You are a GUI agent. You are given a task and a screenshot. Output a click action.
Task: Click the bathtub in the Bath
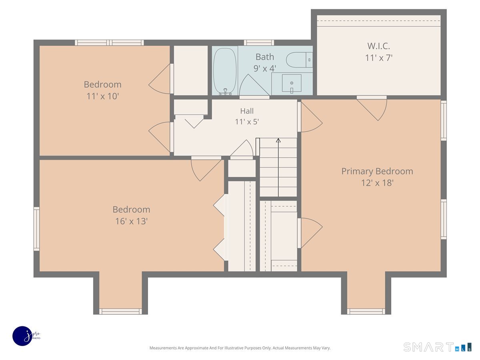pos(225,71)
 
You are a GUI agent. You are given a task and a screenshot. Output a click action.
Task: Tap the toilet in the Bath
pos(299,60)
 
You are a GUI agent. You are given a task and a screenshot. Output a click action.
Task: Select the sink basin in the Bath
pos(292,83)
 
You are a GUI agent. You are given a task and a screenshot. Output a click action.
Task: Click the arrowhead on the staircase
pos(278,140)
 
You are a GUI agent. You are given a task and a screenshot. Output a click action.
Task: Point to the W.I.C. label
pos(378,46)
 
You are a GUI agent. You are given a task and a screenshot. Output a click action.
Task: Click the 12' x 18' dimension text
pos(377,183)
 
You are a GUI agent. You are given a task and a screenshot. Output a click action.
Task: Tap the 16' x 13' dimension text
pos(132,221)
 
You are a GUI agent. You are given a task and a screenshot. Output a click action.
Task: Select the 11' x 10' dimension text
pos(102,96)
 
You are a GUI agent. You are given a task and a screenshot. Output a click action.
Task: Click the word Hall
pos(247,111)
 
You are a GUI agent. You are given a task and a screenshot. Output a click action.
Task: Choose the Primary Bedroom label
pos(377,171)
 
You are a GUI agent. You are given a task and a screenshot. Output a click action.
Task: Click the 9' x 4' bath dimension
pos(265,69)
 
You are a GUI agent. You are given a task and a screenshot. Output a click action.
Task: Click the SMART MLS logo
pos(437,347)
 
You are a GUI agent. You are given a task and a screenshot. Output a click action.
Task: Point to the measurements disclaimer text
pos(240,348)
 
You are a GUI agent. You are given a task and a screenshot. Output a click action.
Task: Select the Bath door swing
pos(254,86)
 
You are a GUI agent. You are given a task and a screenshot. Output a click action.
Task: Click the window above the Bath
pos(259,43)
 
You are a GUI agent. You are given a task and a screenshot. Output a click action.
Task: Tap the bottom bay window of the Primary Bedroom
pos(366,311)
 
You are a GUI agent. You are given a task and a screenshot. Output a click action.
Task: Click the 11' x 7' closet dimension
pos(378,58)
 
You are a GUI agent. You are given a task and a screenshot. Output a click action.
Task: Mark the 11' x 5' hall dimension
pos(247,122)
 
